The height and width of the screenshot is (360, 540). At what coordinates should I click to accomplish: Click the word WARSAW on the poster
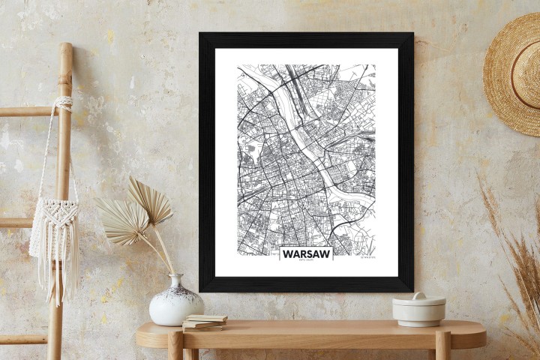[306, 253]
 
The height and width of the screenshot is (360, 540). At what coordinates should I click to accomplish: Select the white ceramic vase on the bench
[175, 302]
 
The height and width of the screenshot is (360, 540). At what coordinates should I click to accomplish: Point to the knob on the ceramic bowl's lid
[418, 295]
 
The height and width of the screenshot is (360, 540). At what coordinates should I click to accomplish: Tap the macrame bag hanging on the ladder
[55, 225]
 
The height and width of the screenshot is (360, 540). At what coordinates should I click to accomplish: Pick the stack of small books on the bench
[205, 322]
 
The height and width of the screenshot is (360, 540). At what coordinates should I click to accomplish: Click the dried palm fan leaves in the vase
[135, 210]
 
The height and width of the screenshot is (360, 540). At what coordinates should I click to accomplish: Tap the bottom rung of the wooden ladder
[22, 339]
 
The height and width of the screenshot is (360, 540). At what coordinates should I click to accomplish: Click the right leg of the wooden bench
[443, 346]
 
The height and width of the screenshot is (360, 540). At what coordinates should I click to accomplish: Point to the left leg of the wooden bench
[175, 346]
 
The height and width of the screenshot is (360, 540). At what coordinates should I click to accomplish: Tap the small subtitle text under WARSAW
[306, 262]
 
